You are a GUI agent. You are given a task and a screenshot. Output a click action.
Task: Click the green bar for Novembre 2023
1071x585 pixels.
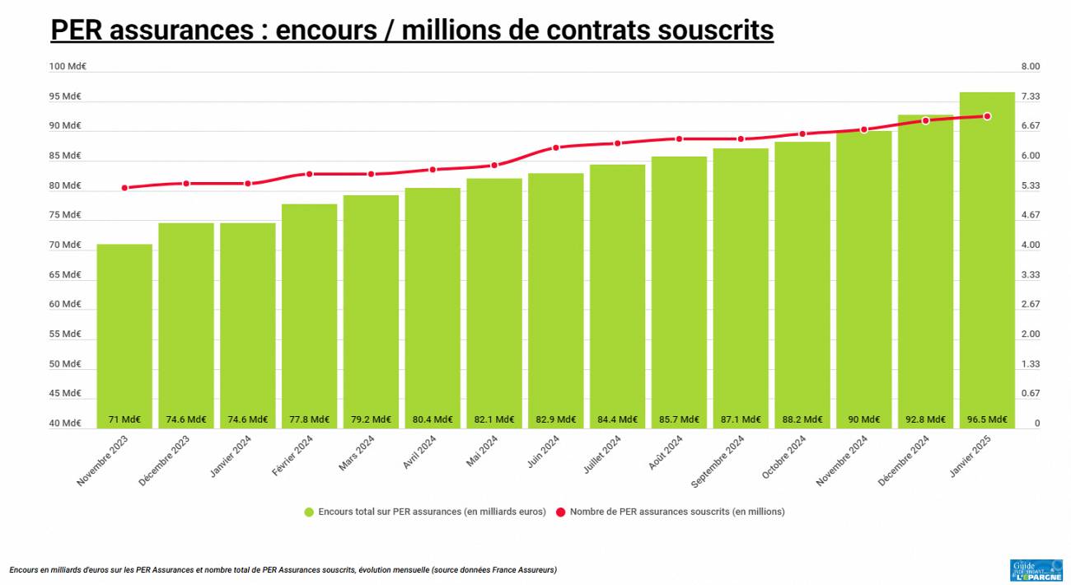124,330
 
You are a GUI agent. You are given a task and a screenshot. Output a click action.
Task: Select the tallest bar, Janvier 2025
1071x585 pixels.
987,255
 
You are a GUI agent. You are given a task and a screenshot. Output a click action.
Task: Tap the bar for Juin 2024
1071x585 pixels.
556,297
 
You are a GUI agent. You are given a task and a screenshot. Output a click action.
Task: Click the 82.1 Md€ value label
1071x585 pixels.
494,419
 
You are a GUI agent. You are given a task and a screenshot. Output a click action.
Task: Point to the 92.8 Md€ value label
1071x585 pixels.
925,419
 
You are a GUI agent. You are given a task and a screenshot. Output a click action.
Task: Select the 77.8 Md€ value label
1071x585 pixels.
309,419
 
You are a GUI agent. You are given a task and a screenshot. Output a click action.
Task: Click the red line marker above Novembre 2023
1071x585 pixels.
124,188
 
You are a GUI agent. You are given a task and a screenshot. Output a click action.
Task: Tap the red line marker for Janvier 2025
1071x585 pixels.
987,116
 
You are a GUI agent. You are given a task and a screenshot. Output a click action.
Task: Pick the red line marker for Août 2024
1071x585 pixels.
679,138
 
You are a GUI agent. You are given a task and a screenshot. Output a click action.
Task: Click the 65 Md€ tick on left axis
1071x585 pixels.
66,274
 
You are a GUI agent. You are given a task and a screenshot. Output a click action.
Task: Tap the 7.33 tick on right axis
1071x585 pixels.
1031,96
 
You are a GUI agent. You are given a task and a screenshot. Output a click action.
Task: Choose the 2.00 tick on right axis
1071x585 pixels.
1031,334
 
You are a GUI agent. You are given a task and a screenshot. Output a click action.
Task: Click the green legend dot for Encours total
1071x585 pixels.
309,512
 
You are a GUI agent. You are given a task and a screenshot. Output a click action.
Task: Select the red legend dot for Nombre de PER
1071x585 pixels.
561,512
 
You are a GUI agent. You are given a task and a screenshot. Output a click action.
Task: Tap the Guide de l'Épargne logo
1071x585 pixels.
1036,569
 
